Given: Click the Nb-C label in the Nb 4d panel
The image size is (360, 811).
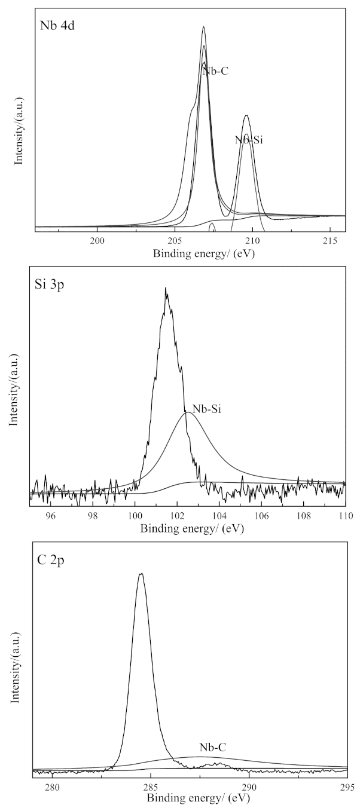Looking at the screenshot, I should tap(215, 71).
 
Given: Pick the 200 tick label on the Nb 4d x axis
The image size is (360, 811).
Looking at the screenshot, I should tap(97, 240).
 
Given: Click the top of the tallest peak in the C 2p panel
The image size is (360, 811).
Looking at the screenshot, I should tap(141, 574).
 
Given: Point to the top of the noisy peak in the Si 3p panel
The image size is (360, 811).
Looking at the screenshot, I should tap(166, 289).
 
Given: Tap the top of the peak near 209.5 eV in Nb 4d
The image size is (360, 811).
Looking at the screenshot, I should tap(246, 115).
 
